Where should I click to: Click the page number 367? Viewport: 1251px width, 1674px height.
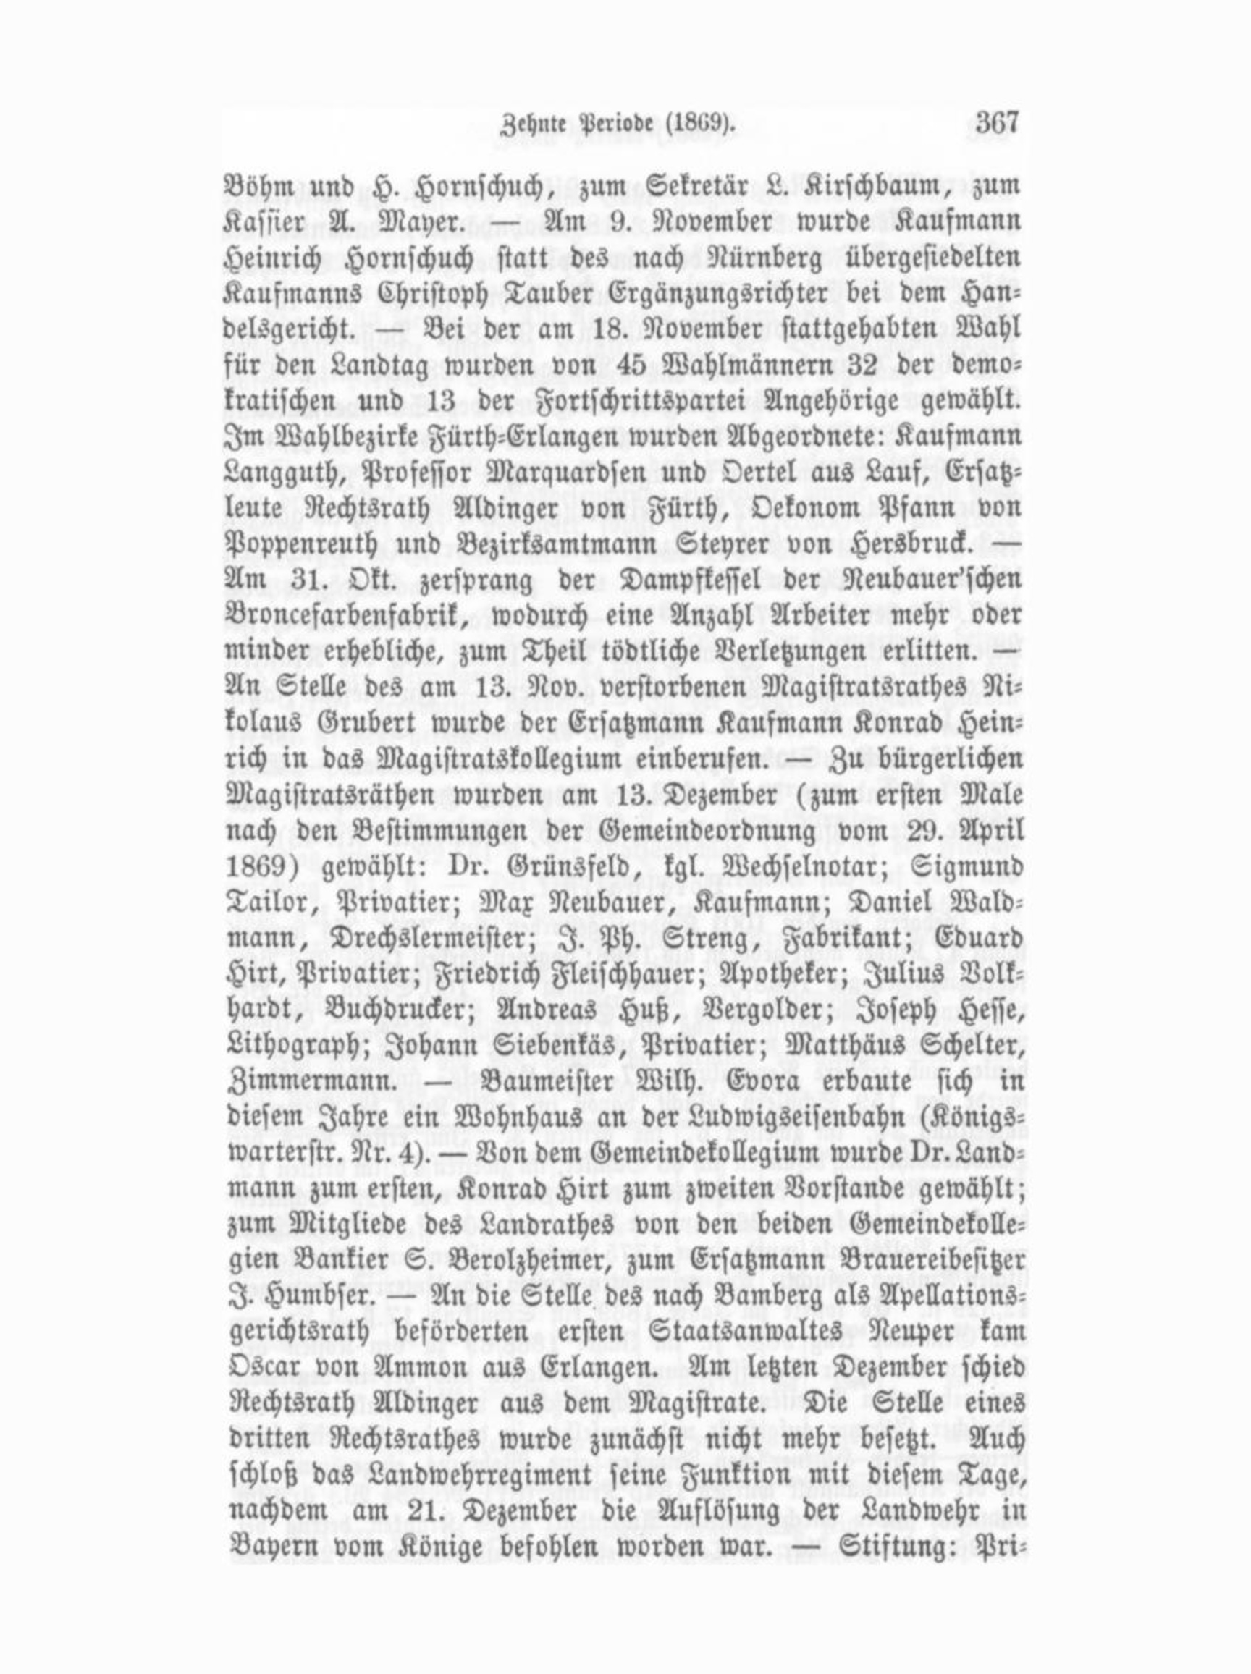coord(998,122)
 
